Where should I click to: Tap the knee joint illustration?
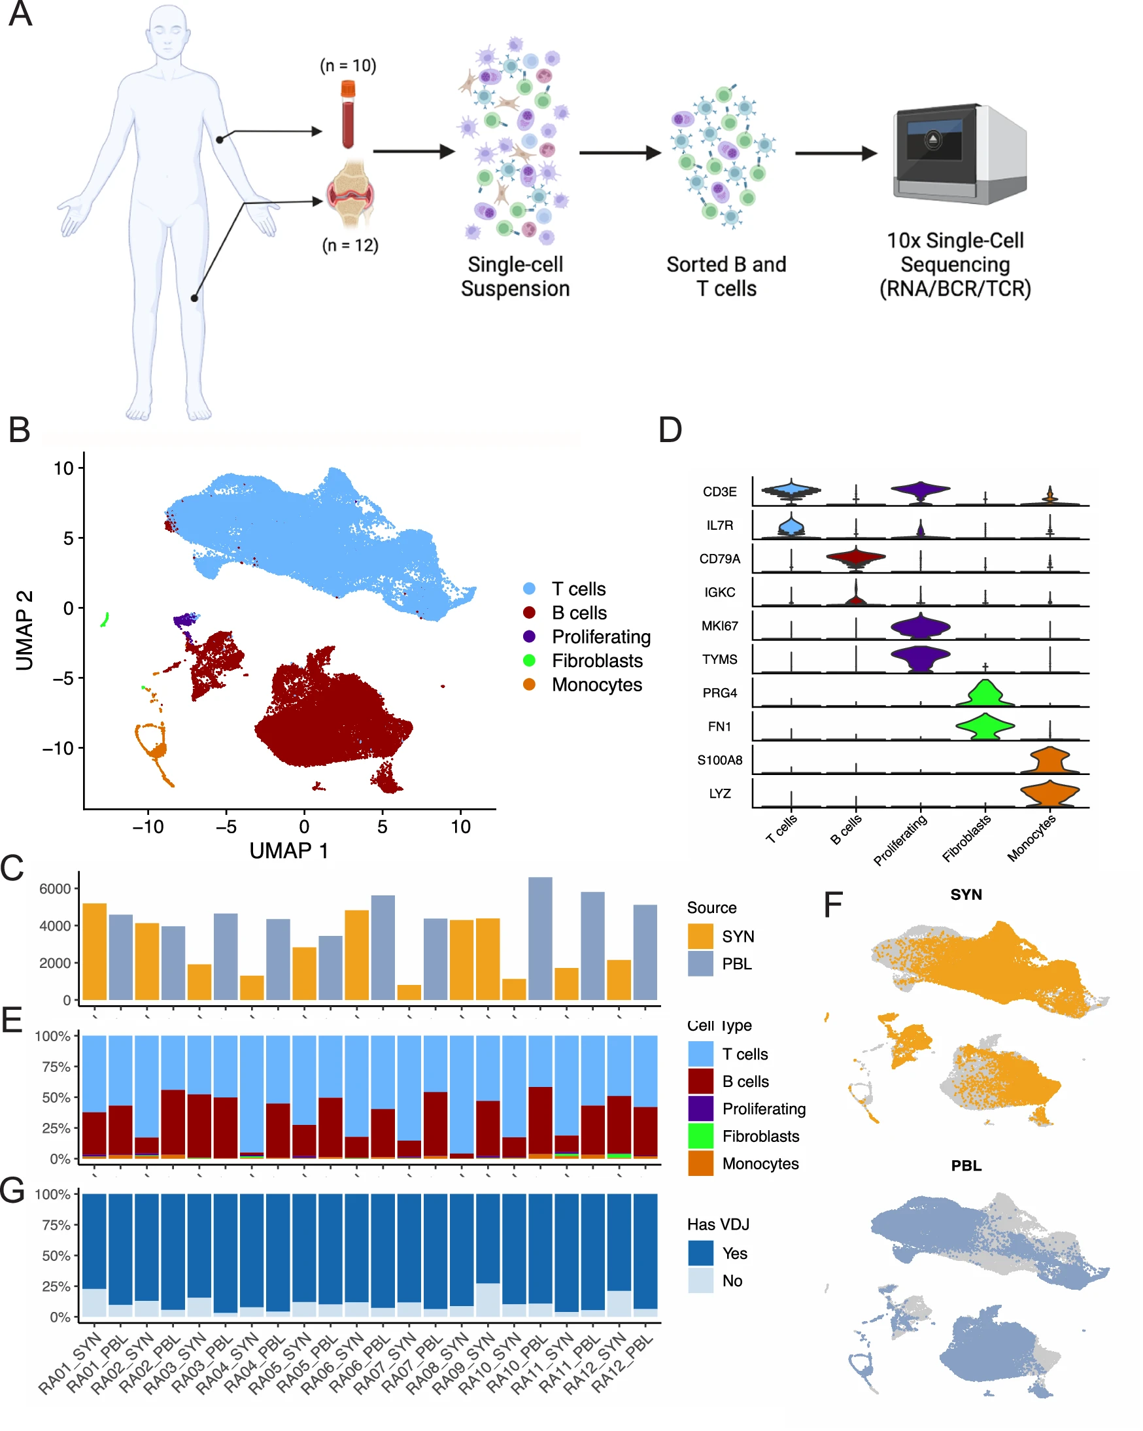[x=350, y=194]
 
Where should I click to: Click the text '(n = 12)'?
[x=350, y=245]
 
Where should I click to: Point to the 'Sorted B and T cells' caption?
[x=726, y=276]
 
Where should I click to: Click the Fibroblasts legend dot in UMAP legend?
[x=529, y=661]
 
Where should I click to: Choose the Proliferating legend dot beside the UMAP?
[x=529, y=636]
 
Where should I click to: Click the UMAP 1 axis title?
[x=289, y=851]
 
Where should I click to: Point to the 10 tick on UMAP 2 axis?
[x=63, y=468]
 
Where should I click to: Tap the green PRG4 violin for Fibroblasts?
[x=985, y=694]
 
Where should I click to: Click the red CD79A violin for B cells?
[x=855, y=557]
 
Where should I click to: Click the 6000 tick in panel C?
[x=54, y=889]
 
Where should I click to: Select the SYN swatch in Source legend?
[x=700, y=937]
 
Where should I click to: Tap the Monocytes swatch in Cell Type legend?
[x=700, y=1164]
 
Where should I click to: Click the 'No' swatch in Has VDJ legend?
[x=700, y=1281]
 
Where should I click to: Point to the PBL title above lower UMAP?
[x=966, y=1165]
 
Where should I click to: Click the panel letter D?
[x=670, y=430]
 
